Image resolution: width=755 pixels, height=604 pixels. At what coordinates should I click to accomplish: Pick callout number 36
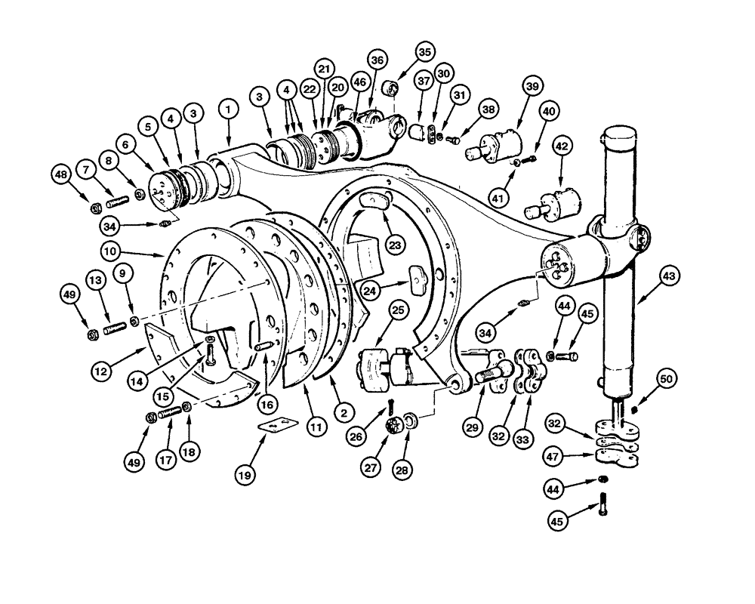(377, 60)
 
